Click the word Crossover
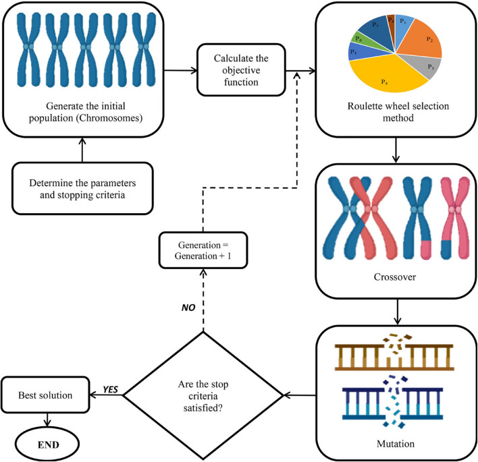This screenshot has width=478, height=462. pos(394,276)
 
